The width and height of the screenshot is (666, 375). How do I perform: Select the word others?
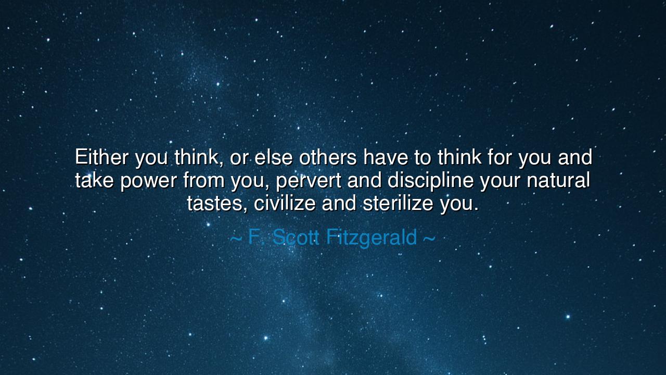pos(328,157)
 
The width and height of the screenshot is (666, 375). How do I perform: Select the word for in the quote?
pos(501,157)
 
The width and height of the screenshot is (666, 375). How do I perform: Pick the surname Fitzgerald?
pos(372,238)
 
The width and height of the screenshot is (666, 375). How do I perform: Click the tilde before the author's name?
pos(236,239)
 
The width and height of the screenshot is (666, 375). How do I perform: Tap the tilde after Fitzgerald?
pos(429,239)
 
